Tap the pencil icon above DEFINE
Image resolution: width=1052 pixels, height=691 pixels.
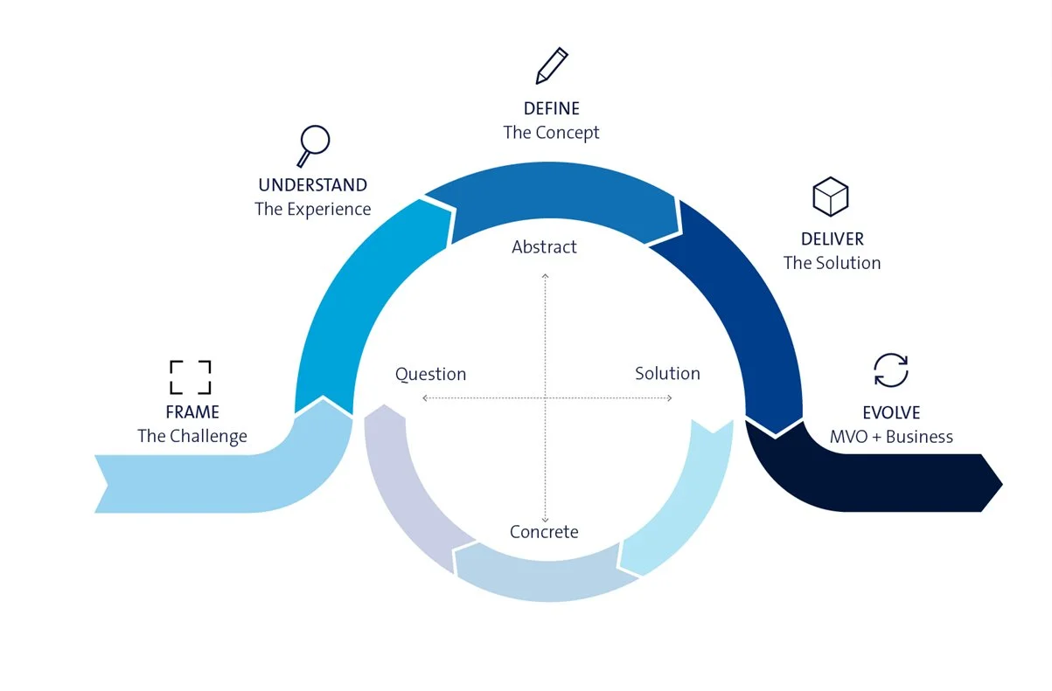click(x=551, y=66)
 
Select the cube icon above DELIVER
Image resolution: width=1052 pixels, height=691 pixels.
click(x=830, y=197)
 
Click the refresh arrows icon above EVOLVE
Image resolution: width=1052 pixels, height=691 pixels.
click(x=891, y=370)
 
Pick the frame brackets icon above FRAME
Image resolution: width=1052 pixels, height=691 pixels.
click(x=190, y=377)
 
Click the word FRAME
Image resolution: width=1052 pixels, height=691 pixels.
click(x=192, y=412)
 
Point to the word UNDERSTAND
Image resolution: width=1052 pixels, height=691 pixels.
click(x=312, y=185)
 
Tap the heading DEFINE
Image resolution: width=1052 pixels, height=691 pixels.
click(x=551, y=109)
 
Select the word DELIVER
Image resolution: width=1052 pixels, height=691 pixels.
click(x=832, y=239)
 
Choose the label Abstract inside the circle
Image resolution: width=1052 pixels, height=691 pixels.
click(x=544, y=247)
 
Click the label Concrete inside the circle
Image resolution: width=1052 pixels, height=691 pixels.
click(x=544, y=532)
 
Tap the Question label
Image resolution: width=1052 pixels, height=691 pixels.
click(x=430, y=375)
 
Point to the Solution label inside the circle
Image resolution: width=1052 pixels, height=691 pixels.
click(x=667, y=374)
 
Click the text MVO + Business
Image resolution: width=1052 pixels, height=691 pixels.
click(x=891, y=437)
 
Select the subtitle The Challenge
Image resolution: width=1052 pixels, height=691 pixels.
click(x=192, y=436)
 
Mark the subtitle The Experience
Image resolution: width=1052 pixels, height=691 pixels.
click(x=312, y=210)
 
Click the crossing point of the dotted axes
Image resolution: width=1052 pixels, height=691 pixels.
click(x=546, y=398)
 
